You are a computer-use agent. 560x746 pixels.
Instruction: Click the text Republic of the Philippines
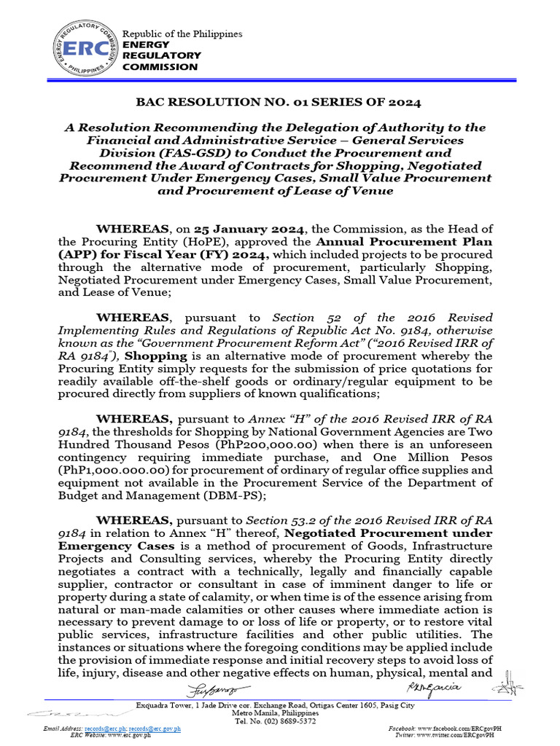(182, 34)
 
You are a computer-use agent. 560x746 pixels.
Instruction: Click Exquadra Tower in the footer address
(166, 704)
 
